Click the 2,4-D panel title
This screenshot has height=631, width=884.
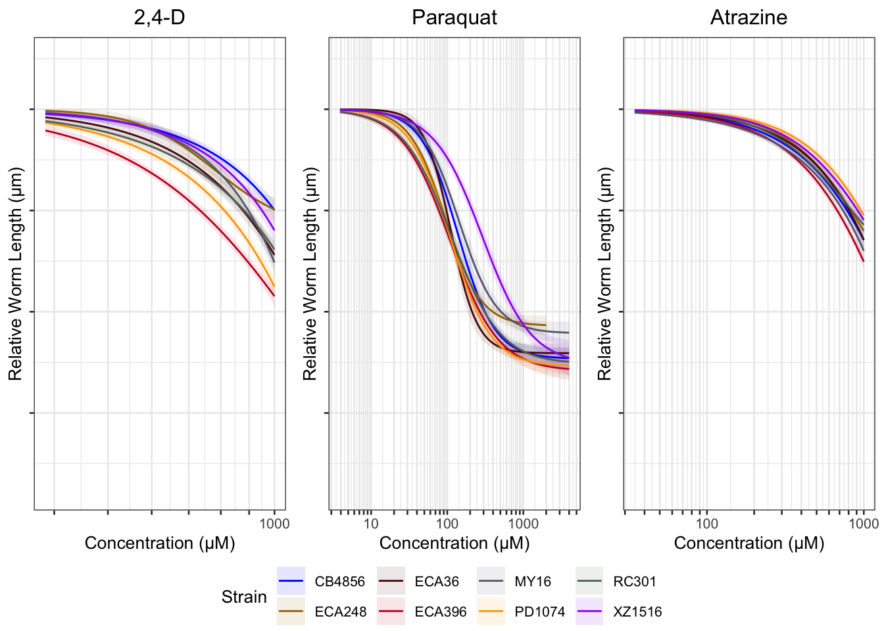[159, 17]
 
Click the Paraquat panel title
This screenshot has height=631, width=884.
[454, 17]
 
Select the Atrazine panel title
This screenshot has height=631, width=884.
[749, 17]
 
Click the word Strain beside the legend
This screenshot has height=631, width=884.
[244, 597]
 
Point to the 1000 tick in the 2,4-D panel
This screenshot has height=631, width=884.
[274, 524]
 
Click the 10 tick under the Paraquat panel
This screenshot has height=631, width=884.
[371, 524]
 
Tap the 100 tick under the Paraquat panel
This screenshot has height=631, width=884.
[447, 524]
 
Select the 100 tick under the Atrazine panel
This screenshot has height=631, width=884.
[707, 524]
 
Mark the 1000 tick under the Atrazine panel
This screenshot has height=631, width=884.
[864, 524]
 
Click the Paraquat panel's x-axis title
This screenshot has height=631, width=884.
[454, 544]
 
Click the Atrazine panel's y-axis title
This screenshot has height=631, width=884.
[604, 273]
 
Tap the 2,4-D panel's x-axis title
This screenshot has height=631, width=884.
[159, 544]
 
